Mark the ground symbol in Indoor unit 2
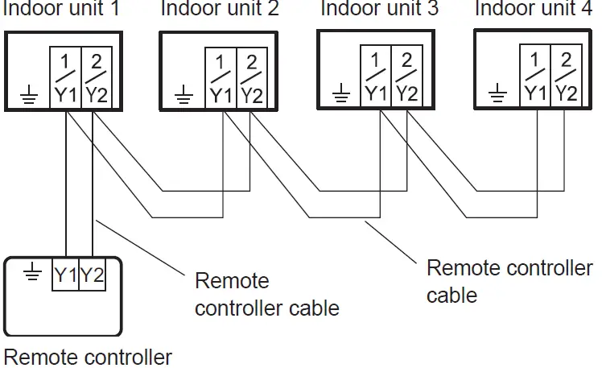pyautogui.click(x=184, y=95)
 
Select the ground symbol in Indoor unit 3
pyautogui.click(x=341, y=93)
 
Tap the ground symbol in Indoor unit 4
pyautogui.click(x=499, y=93)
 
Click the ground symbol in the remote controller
pyautogui.click(x=31, y=275)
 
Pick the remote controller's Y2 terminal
pyautogui.click(x=93, y=275)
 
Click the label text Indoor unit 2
pyautogui.click(x=220, y=10)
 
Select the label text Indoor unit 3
pyautogui.click(x=378, y=10)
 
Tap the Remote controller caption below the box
pyautogui.click(x=88, y=356)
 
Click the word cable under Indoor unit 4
pyautogui.click(x=451, y=295)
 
